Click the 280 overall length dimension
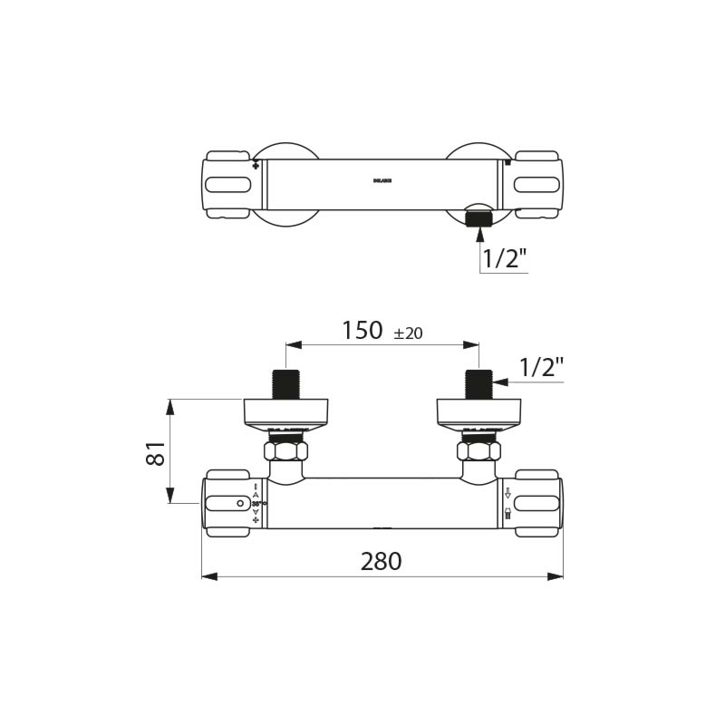click(382, 562)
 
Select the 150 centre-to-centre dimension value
click(362, 332)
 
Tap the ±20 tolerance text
click(408, 333)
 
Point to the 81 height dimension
click(156, 452)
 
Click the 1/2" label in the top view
click(504, 258)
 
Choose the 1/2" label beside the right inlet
click(541, 367)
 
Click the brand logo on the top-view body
click(382, 180)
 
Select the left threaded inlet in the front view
click(286, 384)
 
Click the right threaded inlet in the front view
click(478, 384)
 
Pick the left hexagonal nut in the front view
click(286, 449)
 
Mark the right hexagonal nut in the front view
click(478, 449)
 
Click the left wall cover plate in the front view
click(286, 412)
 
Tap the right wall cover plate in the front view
click(478, 412)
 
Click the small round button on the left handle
click(239, 503)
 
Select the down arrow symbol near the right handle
click(508, 494)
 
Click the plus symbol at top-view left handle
click(256, 166)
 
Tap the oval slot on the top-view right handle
click(536, 185)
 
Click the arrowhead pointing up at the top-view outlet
click(478, 233)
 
